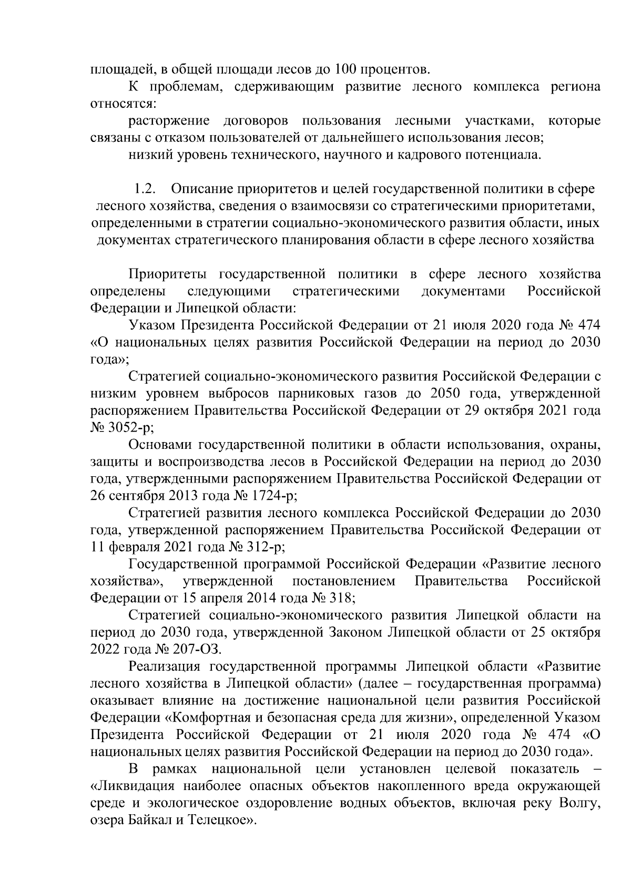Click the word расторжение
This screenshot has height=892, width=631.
click(x=169, y=121)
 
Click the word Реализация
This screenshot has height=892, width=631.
click(x=162, y=666)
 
